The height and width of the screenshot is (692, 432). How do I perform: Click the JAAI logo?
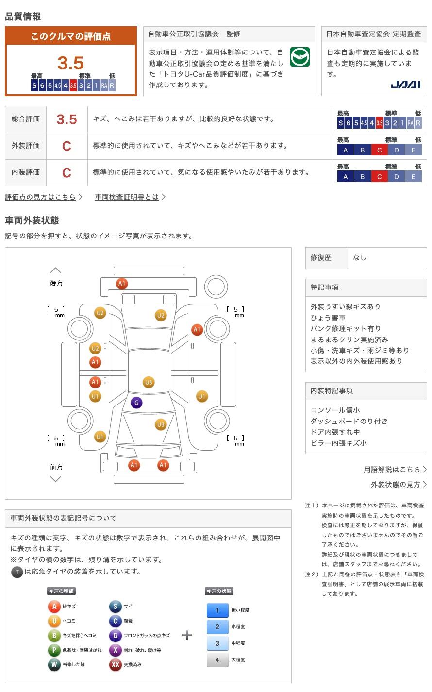click(x=405, y=84)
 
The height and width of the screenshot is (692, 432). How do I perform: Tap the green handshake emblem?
click(x=299, y=56)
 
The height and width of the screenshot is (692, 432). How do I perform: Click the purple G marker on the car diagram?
click(x=136, y=403)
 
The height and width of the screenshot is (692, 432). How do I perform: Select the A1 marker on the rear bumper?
click(x=122, y=283)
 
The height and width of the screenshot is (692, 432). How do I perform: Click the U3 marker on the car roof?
click(x=149, y=382)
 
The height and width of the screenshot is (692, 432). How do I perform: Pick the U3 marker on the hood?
click(x=161, y=424)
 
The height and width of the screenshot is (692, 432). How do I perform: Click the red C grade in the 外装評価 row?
click(x=66, y=146)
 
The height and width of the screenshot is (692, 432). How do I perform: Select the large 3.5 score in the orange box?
click(x=70, y=63)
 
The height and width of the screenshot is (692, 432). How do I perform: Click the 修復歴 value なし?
click(x=360, y=258)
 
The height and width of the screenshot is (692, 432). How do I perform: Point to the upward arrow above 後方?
click(x=56, y=270)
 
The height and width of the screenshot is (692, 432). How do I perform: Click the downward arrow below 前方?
click(x=56, y=479)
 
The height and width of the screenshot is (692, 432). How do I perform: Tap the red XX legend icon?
click(x=116, y=664)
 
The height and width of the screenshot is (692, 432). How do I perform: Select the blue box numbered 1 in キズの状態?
click(x=217, y=610)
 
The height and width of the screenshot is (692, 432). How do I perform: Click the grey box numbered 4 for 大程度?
click(x=217, y=659)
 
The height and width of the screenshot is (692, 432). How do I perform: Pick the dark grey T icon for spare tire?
click(x=17, y=572)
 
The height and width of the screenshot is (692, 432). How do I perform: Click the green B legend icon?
click(x=54, y=635)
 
